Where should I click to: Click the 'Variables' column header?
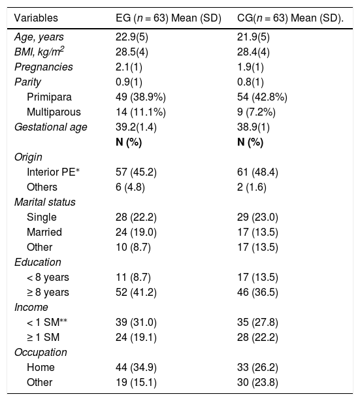coord(36,18)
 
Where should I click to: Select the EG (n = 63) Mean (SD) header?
coord(169,18)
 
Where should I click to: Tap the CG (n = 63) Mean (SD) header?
coord(290,18)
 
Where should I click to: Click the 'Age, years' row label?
coord(39,37)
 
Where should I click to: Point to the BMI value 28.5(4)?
coord(132,52)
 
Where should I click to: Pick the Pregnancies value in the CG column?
coord(250,67)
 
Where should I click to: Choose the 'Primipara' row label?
coord(49,97)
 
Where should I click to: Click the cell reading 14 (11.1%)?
coord(140,112)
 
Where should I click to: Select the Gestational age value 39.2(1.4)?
coord(136,127)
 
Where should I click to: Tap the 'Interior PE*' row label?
coord(53,172)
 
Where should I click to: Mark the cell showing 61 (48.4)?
coord(257,172)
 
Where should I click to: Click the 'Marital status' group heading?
coord(45,202)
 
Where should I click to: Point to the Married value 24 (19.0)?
coord(136,233)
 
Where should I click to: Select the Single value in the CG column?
coord(257,217)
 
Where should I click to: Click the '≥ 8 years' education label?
coord(48,293)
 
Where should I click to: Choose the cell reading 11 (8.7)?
coord(133,277)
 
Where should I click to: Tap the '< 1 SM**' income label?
coord(47,322)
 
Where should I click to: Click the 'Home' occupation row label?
coord(41,368)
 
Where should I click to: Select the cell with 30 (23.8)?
coord(257,383)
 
